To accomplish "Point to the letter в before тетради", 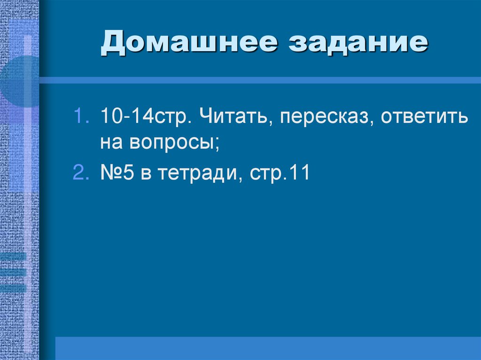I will pos(146,174).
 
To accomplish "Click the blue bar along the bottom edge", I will pos(268,348).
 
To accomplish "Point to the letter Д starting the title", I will pos(113,45).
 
